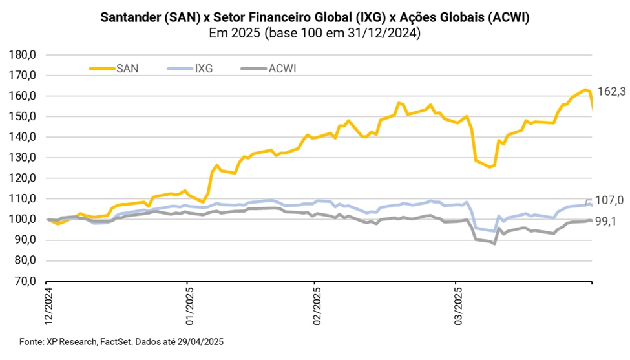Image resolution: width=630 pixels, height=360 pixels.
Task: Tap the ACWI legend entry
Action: (279, 68)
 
